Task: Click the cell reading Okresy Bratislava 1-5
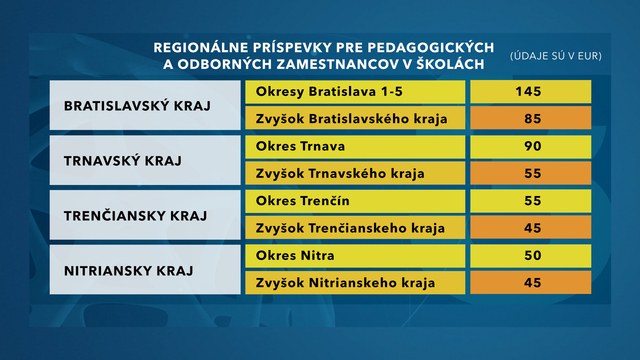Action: [x=355, y=92]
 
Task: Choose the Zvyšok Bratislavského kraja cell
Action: [x=355, y=119]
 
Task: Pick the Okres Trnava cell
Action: [x=355, y=147]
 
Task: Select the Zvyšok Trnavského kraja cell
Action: [x=355, y=174]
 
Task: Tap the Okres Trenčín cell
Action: [x=355, y=201]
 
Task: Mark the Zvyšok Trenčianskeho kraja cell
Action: [x=355, y=228]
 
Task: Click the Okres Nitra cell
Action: [x=355, y=256]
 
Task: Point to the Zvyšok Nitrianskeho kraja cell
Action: [x=355, y=283]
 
